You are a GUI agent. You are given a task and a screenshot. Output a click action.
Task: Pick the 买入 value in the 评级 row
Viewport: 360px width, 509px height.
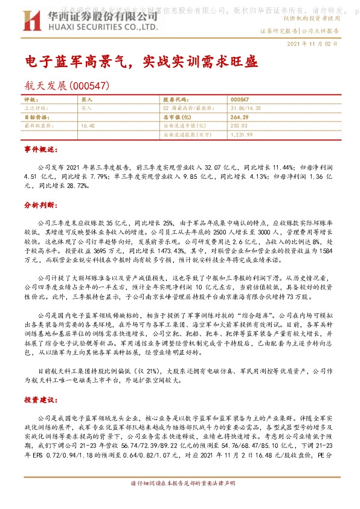[x=87, y=99]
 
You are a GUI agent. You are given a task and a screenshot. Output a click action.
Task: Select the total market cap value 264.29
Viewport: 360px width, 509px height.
[x=240, y=116]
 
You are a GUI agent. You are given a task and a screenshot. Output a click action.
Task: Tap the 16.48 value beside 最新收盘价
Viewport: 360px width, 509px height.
[x=88, y=125]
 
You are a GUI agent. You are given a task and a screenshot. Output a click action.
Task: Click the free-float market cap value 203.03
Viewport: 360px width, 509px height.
[x=239, y=125]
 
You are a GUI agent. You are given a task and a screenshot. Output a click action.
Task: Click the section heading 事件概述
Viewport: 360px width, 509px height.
[x=40, y=149]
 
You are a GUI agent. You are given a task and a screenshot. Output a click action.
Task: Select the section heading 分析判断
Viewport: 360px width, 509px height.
[x=40, y=206]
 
